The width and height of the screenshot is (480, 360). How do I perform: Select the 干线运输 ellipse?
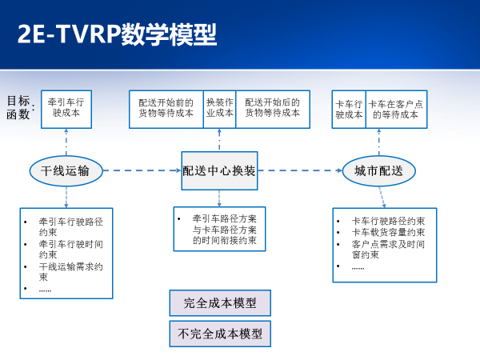tap(66, 170)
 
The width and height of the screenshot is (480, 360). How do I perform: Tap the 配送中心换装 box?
tap(219, 170)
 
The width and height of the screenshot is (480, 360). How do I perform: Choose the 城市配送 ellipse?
tap(378, 170)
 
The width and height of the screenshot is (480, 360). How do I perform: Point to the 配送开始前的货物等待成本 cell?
tap(166, 108)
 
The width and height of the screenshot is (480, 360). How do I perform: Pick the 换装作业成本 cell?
tap(219, 108)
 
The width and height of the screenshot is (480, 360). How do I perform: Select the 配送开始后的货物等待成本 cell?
tap(272, 108)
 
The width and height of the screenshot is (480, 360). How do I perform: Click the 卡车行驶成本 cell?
tap(348, 108)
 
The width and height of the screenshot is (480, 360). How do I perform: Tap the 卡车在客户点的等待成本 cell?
tap(396, 108)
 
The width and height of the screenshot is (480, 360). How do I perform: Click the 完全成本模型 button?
tap(220, 303)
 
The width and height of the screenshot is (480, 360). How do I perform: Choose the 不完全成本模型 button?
tap(220, 334)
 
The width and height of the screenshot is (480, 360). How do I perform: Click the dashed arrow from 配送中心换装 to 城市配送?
tap(299, 170)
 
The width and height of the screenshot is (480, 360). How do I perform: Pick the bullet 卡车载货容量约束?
tap(388, 232)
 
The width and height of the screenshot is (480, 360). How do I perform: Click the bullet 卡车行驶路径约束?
tap(388, 221)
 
